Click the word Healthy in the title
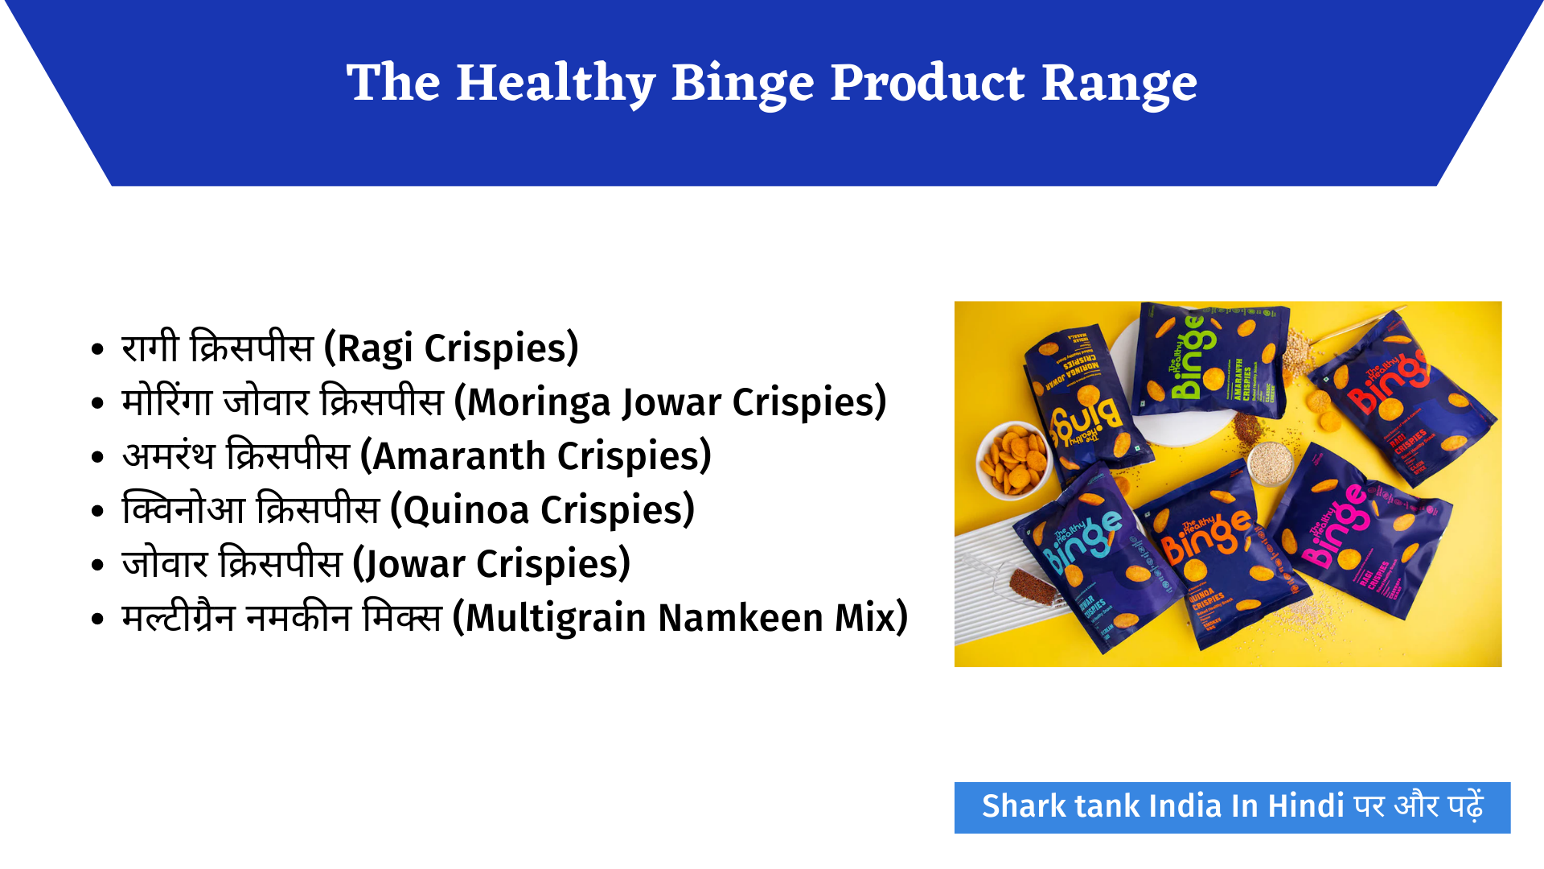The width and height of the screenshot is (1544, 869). pyautogui.click(x=555, y=84)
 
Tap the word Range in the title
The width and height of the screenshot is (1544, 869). pyautogui.click(x=1119, y=84)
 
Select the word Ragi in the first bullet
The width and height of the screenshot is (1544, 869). pyautogui.click(x=375, y=348)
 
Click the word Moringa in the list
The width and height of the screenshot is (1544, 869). pyautogui.click(x=538, y=402)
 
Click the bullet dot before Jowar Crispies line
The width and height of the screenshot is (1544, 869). pyautogui.click(x=97, y=565)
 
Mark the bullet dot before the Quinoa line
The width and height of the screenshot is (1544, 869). pyautogui.click(x=97, y=511)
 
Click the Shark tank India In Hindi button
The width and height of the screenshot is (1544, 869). pyautogui.click(x=1231, y=807)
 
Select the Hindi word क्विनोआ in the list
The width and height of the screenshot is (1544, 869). pyautogui.click(x=183, y=510)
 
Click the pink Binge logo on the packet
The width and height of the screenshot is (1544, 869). pyautogui.click(x=1335, y=527)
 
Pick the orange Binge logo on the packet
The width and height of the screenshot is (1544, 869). pyautogui.click(x=1206, y=535)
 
